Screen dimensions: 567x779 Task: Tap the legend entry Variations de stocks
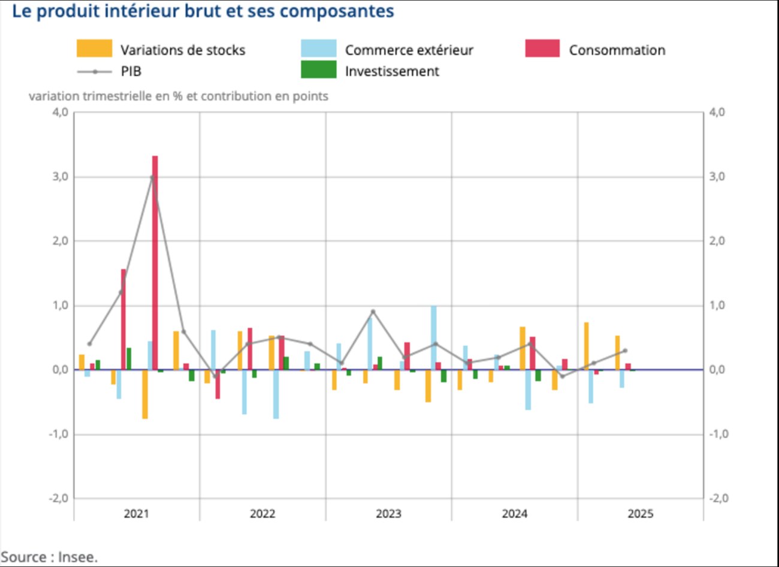[183, 50]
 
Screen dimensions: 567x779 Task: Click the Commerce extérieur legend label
[409, 50]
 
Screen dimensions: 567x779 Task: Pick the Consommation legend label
[617, 50]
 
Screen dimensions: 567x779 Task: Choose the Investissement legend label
[392, 71]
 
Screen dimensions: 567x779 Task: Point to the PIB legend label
[131, 71]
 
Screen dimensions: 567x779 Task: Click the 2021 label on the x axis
[137, 514]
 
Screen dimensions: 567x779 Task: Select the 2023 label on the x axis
[388, 514]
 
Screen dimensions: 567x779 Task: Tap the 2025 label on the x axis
[640, 514]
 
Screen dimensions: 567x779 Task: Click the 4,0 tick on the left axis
[60, 112]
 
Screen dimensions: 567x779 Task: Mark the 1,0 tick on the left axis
[60, 306]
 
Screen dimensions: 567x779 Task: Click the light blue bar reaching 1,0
[433, 337]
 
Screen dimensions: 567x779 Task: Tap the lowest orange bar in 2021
[145, 394]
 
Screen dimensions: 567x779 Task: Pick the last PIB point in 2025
[625, 351]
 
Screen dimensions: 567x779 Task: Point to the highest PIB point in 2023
[373, 312]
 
